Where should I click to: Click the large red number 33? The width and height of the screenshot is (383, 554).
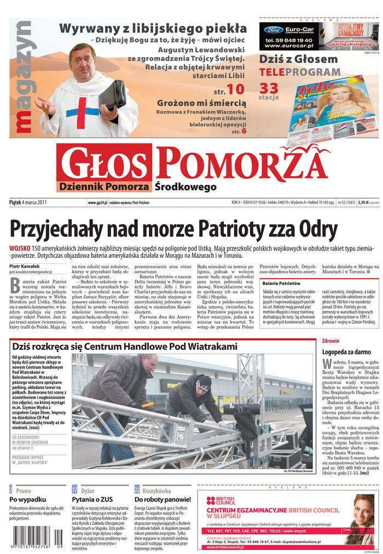(269, 88)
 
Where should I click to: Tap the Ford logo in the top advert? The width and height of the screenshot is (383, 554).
(273, 30)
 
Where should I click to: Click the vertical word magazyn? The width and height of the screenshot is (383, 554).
(24, 77)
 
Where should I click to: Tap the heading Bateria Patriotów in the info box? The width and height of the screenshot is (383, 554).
(281, 284)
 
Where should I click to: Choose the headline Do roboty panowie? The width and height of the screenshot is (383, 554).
(163, 499)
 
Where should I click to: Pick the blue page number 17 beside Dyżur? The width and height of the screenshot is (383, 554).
(75, 490)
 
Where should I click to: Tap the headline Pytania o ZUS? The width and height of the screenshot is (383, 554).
(92, 499)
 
